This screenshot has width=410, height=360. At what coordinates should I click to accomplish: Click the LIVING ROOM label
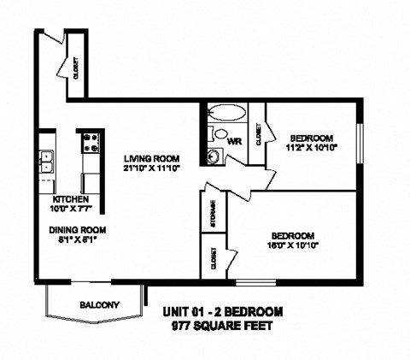(150, 157)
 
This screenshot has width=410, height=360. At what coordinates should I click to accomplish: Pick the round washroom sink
(214, 154)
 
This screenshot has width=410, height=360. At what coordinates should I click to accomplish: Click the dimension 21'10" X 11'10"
(150, 168)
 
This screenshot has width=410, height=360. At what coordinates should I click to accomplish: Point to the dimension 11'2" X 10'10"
(313, 147)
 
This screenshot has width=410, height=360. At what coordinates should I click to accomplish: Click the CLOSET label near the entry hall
(76, 66)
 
